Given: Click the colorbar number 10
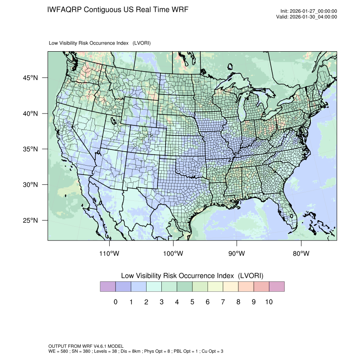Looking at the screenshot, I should click(x=269, y=302).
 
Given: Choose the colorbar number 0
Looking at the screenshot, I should click(x=115, y=302).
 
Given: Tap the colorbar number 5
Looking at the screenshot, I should click(x=192, y=302).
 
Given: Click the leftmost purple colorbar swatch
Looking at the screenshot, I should click(x=108, y=287).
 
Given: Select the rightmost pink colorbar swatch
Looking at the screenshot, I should click(x=276, y=287).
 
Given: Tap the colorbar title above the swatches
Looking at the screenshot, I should click(x=192, y=276).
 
